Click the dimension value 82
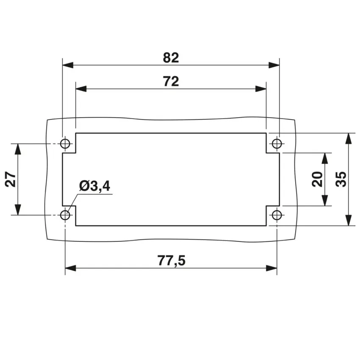click(171, 58)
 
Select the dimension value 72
click(171, 81)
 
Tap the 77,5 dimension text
click(171, 260)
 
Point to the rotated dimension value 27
click(11, 179)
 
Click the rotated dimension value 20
click(317, 179)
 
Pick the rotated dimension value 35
click(341, 179)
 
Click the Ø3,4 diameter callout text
click(94, 186)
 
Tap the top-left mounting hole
click(65, 144)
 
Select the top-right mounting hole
click(277, 144)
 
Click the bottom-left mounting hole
click(65, 215)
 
